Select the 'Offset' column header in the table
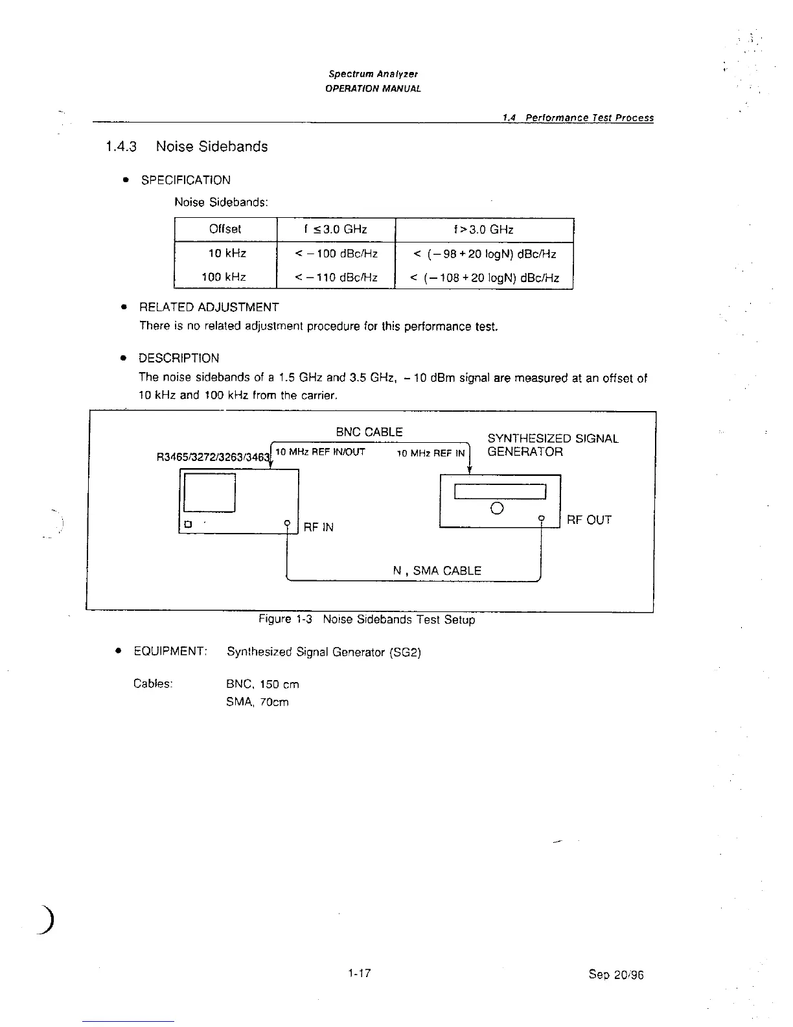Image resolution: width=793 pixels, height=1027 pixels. [225, 229]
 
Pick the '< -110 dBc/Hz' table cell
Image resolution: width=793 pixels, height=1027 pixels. [336, 277]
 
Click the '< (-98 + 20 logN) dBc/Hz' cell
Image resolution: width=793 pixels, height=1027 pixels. [484, 254]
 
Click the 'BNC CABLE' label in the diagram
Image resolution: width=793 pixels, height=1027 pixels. [369, 432]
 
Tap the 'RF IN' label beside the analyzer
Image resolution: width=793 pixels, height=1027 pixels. [319, 527]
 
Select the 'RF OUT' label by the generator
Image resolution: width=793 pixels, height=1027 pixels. [589, 519]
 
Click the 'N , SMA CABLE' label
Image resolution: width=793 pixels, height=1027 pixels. [437, 571]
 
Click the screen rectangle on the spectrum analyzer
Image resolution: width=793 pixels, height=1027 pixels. [209, 493]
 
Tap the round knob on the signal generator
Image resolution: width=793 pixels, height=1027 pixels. [498, 508]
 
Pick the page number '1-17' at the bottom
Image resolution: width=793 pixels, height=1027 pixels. [359, 973]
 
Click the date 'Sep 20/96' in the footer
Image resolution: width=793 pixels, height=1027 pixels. [615, 974]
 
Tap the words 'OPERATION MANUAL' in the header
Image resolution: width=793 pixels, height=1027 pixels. [373, 88]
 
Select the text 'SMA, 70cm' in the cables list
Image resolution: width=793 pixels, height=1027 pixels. [257, 702]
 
